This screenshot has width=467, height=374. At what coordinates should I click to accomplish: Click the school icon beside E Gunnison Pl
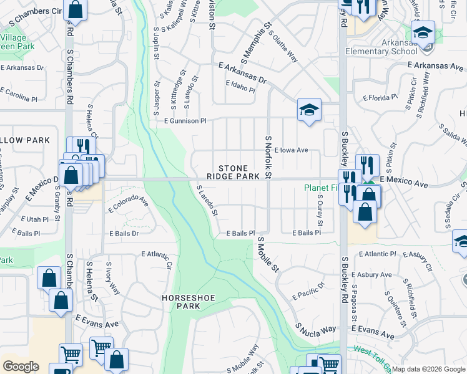coord(309,110)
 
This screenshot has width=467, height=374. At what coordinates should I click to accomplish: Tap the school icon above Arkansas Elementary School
coord(423,32)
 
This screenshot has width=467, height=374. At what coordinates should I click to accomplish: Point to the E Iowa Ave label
coord(291,150)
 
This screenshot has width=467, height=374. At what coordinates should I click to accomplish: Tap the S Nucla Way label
coord(316,328)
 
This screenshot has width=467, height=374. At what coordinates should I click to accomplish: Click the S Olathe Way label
coord(283,46)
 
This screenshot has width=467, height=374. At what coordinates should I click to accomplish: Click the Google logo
coord(21,367)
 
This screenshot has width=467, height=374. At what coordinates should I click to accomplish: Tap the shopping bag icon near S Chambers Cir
coord(75,10)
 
